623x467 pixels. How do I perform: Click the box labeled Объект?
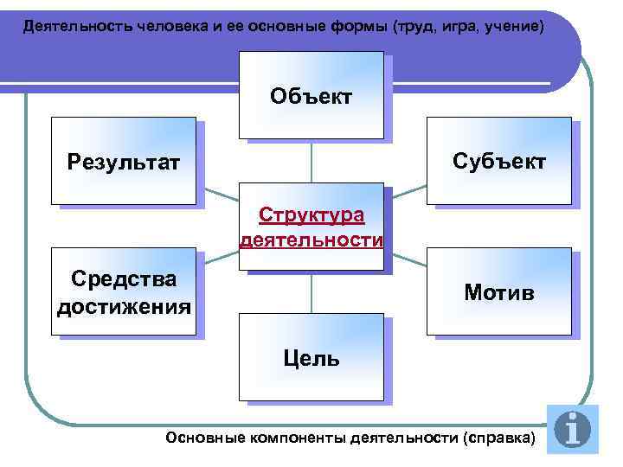click(x=311, y=95)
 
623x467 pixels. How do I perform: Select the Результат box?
click(x=123, y=161)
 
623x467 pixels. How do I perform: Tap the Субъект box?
click(x=500, y=161)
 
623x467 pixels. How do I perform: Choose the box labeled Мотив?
click(x=498, y=292)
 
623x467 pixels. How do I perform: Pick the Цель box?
click(x=311, y=357)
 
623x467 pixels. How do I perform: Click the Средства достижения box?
click(x=123, y=292)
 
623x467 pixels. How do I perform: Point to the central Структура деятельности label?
click(x=311, y=227)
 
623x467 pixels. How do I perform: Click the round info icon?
click(x=572, y=428)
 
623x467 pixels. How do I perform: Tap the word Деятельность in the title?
click(x=77, y=26)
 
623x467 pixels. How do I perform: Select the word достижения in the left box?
click(x=123, y=305)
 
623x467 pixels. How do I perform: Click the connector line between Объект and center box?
click(x=311, y=161)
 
